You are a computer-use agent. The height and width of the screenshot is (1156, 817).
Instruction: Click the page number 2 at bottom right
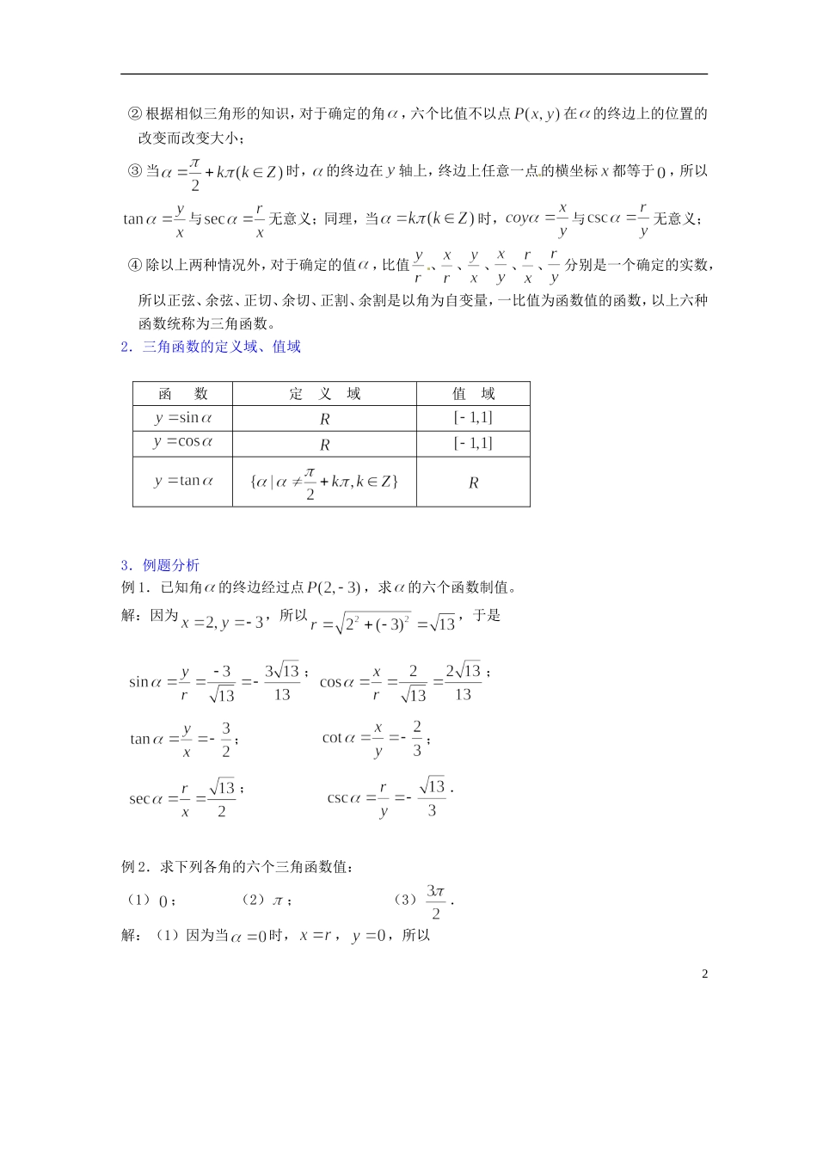pos(705,974)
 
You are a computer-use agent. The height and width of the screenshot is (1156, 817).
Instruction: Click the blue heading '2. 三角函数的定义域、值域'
pos(211,347)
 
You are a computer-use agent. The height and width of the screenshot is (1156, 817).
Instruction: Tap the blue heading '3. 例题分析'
pos(160,565)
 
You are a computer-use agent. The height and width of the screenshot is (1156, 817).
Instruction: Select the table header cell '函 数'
pos(183,394)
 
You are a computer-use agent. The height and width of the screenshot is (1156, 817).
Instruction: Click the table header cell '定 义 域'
pos(324,394)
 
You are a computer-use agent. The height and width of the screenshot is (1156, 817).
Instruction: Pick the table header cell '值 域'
pos(473,394)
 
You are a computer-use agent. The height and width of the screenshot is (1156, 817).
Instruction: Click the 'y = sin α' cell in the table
pos(183,418)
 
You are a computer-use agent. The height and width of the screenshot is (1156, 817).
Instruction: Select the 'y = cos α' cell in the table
pos(183,442)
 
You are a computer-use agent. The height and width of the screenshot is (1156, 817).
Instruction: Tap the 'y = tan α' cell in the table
pos(183,481)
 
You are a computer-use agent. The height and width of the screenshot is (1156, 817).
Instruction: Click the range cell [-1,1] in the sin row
pos(473,418)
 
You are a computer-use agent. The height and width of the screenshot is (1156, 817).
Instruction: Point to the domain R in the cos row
pos(324,445)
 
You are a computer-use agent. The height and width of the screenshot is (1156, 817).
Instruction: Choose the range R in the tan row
pos(473,483)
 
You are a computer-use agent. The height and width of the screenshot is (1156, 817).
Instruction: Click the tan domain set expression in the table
pos(324,483)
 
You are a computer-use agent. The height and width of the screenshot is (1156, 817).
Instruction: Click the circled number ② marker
pos(134,114)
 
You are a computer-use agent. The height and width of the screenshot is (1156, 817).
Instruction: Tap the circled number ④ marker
pos(134,265)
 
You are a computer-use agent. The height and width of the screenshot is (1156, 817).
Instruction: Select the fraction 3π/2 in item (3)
pos(436,901)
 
